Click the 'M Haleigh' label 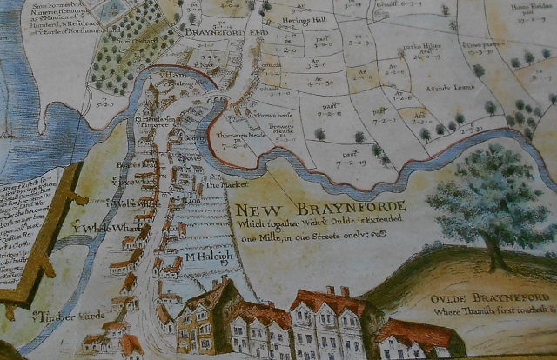(209, 257)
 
